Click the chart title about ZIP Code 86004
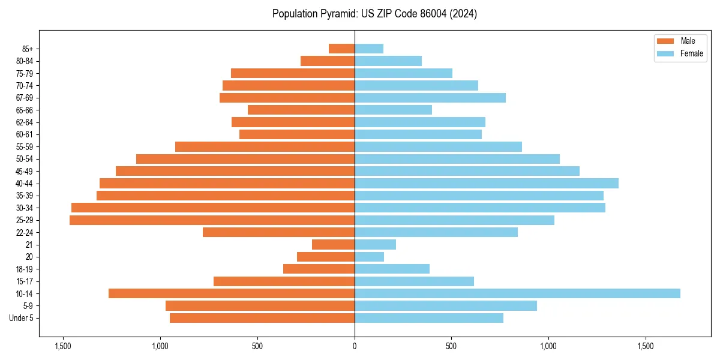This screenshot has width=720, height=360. (374, 14)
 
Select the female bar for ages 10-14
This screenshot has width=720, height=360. (517, 293)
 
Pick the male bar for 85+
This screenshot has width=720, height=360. (341, 49)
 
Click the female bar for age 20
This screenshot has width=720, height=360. (369, 257)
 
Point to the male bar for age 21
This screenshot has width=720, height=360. (333, 245)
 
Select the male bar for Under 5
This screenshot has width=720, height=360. (262, 318)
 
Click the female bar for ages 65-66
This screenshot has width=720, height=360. (393, 110)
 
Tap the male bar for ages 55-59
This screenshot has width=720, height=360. (265, 147)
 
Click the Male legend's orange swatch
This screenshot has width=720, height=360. (666, 41)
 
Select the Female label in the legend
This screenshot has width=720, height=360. (692, 53)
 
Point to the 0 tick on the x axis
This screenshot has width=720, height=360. (355, 346)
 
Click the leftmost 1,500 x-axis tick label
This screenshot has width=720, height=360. (63, 346)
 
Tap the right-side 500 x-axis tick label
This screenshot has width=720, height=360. (451, 346)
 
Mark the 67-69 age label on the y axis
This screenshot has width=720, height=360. (25, 98)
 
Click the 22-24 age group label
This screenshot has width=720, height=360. (25, 233)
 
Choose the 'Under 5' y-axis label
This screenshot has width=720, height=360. (22, 318)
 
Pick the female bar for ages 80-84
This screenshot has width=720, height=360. (388, 61)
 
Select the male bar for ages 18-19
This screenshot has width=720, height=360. (319, 269)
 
